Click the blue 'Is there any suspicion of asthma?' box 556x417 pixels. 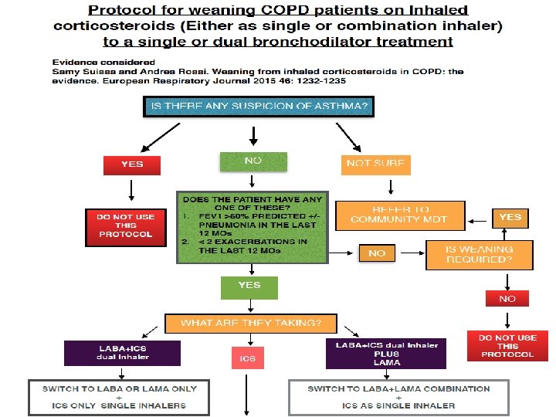pos(259,106)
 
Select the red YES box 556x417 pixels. pos(132,164)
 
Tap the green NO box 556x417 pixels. pos(253,161)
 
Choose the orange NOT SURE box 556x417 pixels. pos(376,164)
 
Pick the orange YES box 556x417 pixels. pos(510,218)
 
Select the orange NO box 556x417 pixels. pos(377,253)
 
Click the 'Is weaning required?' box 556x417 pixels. pos(480,254)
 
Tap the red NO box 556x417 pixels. pos(507,298)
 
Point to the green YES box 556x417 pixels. pos(249,286)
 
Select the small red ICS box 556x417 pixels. pos(247,358)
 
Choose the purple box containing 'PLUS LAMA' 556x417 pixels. pos(386,354)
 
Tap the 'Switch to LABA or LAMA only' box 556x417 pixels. pos(120,397)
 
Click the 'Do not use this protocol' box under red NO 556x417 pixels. pos(507,346)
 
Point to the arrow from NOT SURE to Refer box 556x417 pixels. pos(391,187)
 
